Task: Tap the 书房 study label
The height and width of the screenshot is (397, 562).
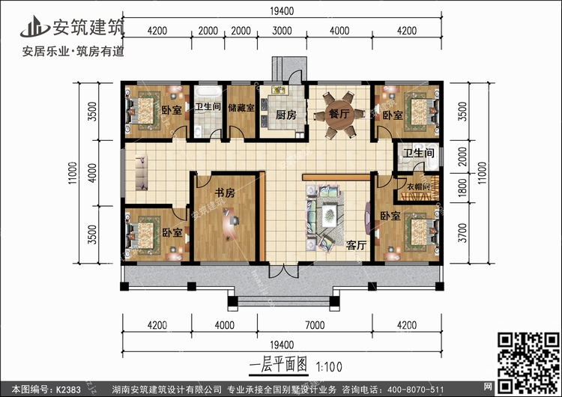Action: [223, 193]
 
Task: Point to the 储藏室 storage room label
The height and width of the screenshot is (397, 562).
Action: [241, 108]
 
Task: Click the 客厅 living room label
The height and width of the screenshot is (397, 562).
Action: [355, 244]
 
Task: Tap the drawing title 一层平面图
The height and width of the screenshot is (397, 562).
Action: [278, 366]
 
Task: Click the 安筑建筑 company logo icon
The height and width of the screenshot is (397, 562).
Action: [34, 27]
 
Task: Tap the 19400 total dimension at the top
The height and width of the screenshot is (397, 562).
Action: [281, 10]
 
